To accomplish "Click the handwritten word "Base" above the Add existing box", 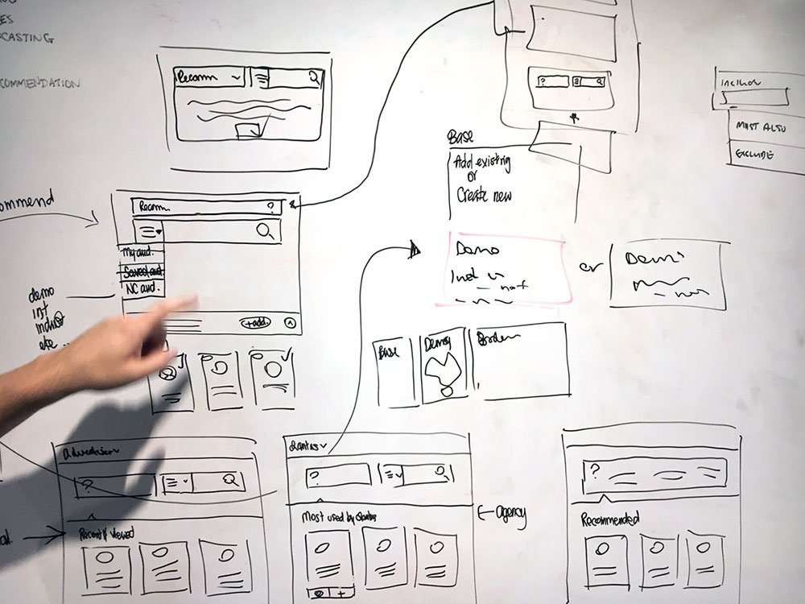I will click(x=461, y=139).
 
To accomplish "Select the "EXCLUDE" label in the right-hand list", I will click(x=753, y=153).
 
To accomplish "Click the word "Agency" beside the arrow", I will click(x=510, y=514).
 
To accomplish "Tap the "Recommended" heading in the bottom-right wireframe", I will click(x=611, y=519).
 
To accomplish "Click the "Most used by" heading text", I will click(x=338, y=515).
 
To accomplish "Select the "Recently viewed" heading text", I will click(x=106, y=533).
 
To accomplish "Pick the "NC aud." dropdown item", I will click(x=141, y=287).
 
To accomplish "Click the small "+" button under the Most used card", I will click(x=341, y=594).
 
